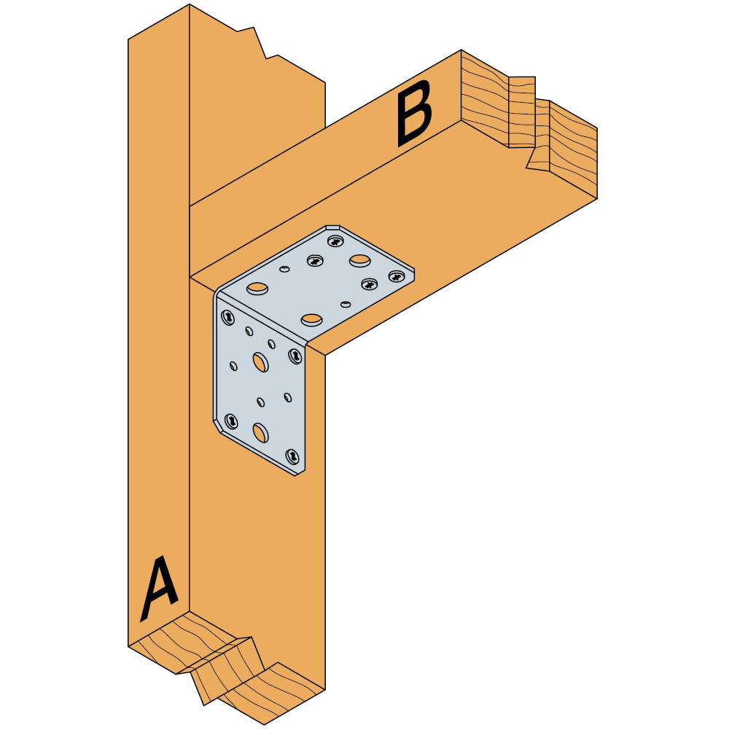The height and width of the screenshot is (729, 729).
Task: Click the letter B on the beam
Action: tap(414, 112)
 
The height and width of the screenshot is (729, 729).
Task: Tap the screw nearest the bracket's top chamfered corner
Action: tap(336, 241)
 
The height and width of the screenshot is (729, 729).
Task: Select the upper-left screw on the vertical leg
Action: tap(228, 318)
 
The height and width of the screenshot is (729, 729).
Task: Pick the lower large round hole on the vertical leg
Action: tap(260, 433)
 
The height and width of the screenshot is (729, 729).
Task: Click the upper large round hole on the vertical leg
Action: tap(260, 361)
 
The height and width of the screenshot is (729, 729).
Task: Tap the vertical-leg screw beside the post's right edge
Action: tap(295, 356)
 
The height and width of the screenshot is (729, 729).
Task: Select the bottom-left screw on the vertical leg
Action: tap(231, 421)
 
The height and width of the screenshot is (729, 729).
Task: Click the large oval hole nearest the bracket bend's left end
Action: tap(257, 289)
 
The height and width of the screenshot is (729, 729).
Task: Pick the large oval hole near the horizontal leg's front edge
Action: tap(311, 319)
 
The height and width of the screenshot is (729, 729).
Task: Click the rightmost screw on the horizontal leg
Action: tap(396, 276)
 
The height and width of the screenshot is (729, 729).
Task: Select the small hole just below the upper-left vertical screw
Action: tap(250, 332)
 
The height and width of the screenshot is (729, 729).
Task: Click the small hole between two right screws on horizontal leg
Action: tap(346, 303)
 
